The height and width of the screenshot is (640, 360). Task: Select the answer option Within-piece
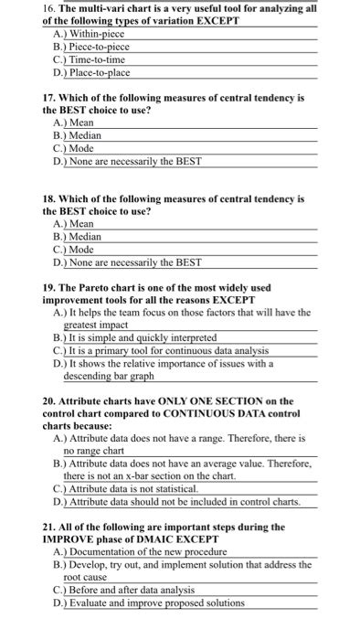91,33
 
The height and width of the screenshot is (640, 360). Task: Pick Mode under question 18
81,249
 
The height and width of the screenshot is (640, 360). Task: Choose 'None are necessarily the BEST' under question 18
133,261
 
